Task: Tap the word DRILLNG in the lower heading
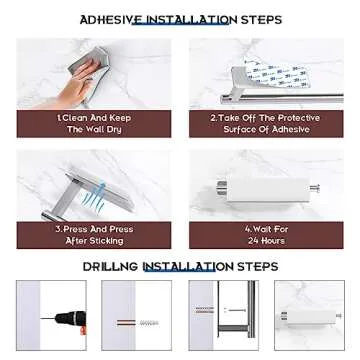click(110, 266)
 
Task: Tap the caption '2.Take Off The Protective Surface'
click(265, 123)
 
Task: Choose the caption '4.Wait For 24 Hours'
click(265, 235)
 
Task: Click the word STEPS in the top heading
click(261, 20)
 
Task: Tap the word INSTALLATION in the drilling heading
click(187, 266)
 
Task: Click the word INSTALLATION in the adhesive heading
click(188, 20)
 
